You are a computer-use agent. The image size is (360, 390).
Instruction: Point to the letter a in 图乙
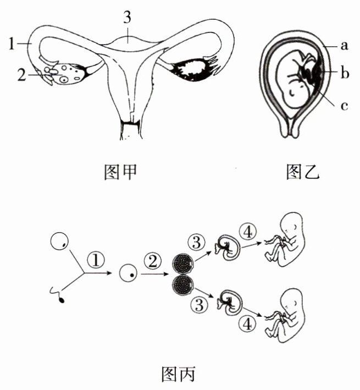(x=344, y=46)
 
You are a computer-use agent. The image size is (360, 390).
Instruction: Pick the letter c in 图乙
(x=344, y=106)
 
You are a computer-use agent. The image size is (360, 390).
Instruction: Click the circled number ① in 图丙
(x=95, y=257)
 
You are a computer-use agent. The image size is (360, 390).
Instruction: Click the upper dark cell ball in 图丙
(x=181, y=262)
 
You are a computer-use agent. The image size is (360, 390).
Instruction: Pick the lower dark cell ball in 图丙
(x=181, y=285)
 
